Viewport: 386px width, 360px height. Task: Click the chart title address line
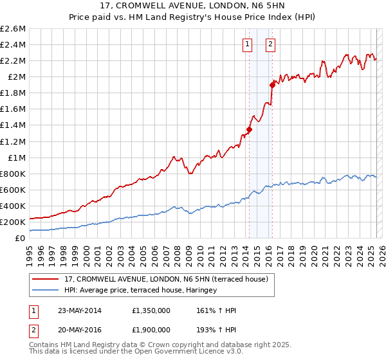pos(193,7)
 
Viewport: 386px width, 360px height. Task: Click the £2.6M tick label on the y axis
pos(13,29)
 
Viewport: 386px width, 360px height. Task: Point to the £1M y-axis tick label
pos(16,157)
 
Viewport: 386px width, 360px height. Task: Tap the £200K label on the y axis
pos(13,222)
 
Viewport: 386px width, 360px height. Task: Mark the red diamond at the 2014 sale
pos(249,129)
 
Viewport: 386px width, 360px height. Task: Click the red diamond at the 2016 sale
pos(272,84)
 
